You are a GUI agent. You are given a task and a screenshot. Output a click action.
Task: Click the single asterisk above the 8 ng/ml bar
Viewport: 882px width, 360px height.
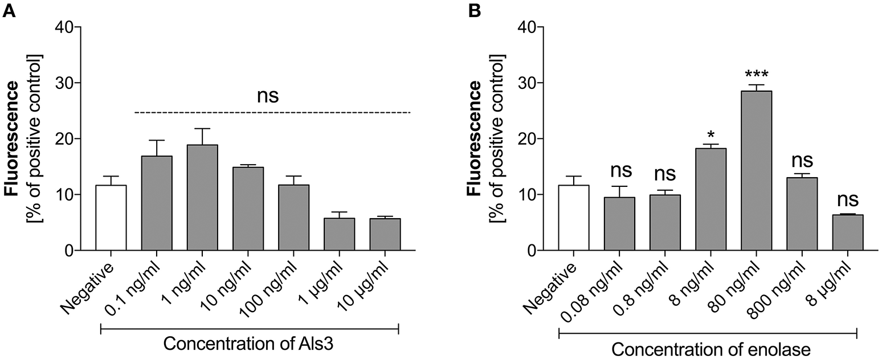click(707, 135)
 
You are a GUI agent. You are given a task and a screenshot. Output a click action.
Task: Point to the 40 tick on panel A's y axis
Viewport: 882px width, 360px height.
click(66, 27)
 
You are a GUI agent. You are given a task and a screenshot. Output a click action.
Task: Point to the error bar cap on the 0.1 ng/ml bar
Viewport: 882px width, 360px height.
click(157, 140)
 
